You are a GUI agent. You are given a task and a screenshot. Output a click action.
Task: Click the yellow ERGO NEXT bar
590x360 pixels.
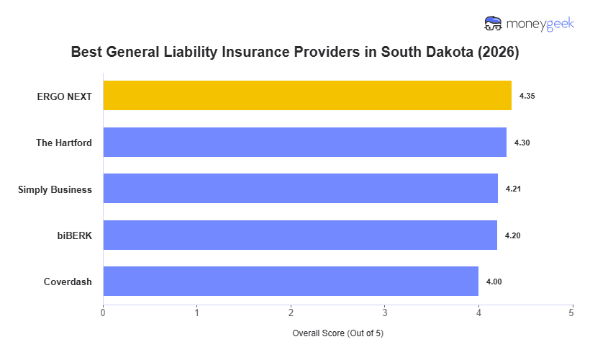(x=307, y=96)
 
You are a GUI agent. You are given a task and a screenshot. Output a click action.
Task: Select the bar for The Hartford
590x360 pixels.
(x=304, y=143)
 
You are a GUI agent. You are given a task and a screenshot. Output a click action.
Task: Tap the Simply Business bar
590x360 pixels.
(x=300, y=189)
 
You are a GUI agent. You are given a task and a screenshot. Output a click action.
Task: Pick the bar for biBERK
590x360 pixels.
(x=300, y=235)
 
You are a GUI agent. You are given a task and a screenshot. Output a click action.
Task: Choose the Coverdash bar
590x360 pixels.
(x=291, y=282)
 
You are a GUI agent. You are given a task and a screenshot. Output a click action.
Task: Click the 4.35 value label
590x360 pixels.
(x=527, y=96)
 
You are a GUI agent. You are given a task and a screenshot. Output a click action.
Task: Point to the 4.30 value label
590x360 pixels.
(x=522, y=143)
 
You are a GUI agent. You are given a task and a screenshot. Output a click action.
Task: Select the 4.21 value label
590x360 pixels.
(x=513, y=189)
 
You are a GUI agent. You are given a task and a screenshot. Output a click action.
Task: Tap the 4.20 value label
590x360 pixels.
(x=512, y=235)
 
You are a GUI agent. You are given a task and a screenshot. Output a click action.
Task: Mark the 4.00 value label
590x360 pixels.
(x=494, y=282)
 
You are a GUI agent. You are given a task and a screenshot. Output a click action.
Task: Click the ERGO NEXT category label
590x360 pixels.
(x=65, y=96)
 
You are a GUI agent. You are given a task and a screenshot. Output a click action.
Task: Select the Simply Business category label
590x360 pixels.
(x=55, y=189)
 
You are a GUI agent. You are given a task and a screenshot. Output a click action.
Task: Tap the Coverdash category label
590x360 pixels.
(x=68, y=282)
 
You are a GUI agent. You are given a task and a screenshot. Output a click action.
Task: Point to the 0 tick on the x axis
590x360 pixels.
(x=103, y=312)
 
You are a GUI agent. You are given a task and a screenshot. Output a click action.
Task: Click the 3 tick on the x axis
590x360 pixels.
(x=385, y=312)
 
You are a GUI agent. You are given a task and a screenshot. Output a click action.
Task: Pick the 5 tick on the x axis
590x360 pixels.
(x=572, y=312)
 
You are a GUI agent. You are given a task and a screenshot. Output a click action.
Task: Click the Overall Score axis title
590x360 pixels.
(x=337, y=334)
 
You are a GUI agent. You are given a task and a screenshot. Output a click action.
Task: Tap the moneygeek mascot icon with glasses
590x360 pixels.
(x=493, y=24)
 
